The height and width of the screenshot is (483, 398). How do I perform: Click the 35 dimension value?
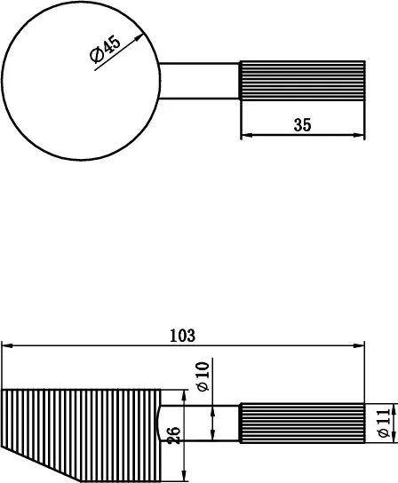pyautogui.click(x=302, y=125)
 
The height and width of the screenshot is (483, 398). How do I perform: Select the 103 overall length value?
pyautogui.click(x=182, y=336)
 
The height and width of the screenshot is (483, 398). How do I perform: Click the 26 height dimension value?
pyautogui.click(x=174, y=434)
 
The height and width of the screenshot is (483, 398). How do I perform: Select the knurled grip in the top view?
pyautogui.click(x=302, y=81)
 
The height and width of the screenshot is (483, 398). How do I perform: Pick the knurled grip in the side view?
pyautogui.click(x=302, y=424)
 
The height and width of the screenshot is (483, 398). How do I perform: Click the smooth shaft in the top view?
pyautogui.click(x=200, y=81)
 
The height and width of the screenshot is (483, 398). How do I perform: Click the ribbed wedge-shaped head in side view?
pyautogui.click(x=80, y=426)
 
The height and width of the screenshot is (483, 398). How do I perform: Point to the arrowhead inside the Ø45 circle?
pyautogui.click(x=139, y=38)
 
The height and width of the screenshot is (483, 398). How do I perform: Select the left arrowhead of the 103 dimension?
pyautogui.click(x=6, y=346)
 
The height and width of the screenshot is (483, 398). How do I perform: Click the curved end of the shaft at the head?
pyautogui.click(x=160, y=424)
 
